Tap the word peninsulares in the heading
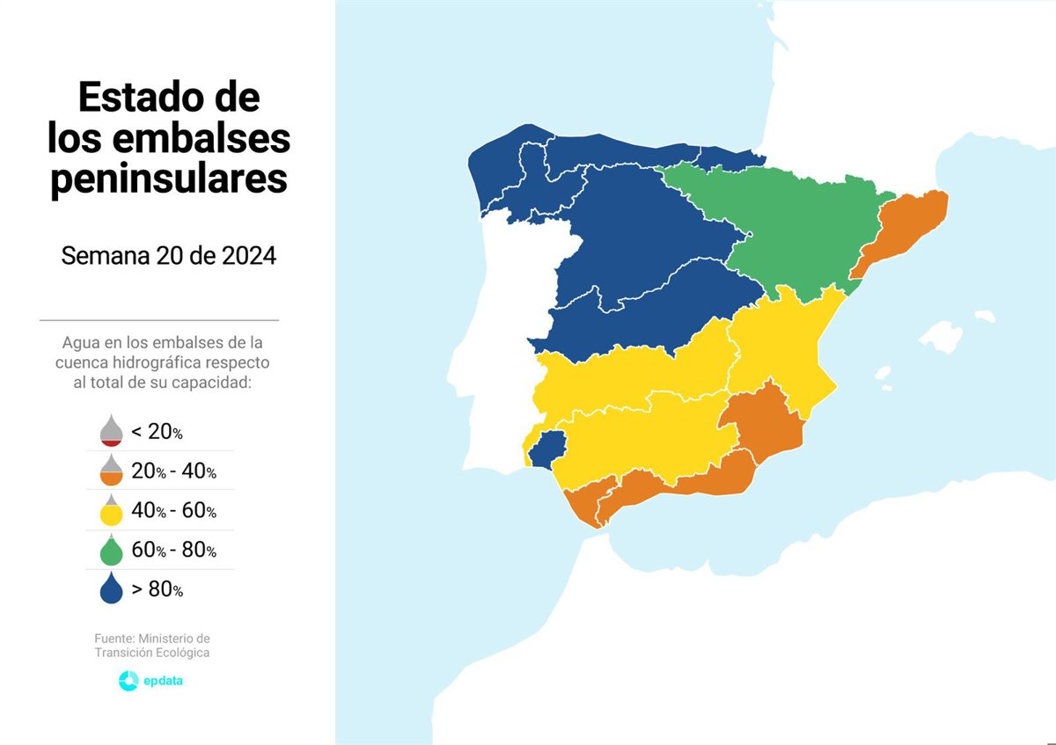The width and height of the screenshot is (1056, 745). (x=168, y=179)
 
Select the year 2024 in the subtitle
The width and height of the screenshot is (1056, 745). (x=240, y=256)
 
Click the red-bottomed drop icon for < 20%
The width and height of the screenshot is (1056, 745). (x=111, y=430)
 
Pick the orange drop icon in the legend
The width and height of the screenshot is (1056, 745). (x=111, y=471)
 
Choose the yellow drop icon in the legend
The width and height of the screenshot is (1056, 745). (x=111, y=511)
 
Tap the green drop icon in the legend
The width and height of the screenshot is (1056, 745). (x=111, y=551)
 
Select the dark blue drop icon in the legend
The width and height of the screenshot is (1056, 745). (x=111, y=589)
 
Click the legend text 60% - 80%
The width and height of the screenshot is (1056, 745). (x=173, y=551)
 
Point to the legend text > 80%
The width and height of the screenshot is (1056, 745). (x=157, y=590)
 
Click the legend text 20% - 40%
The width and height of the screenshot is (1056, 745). (x=173, y=471)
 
